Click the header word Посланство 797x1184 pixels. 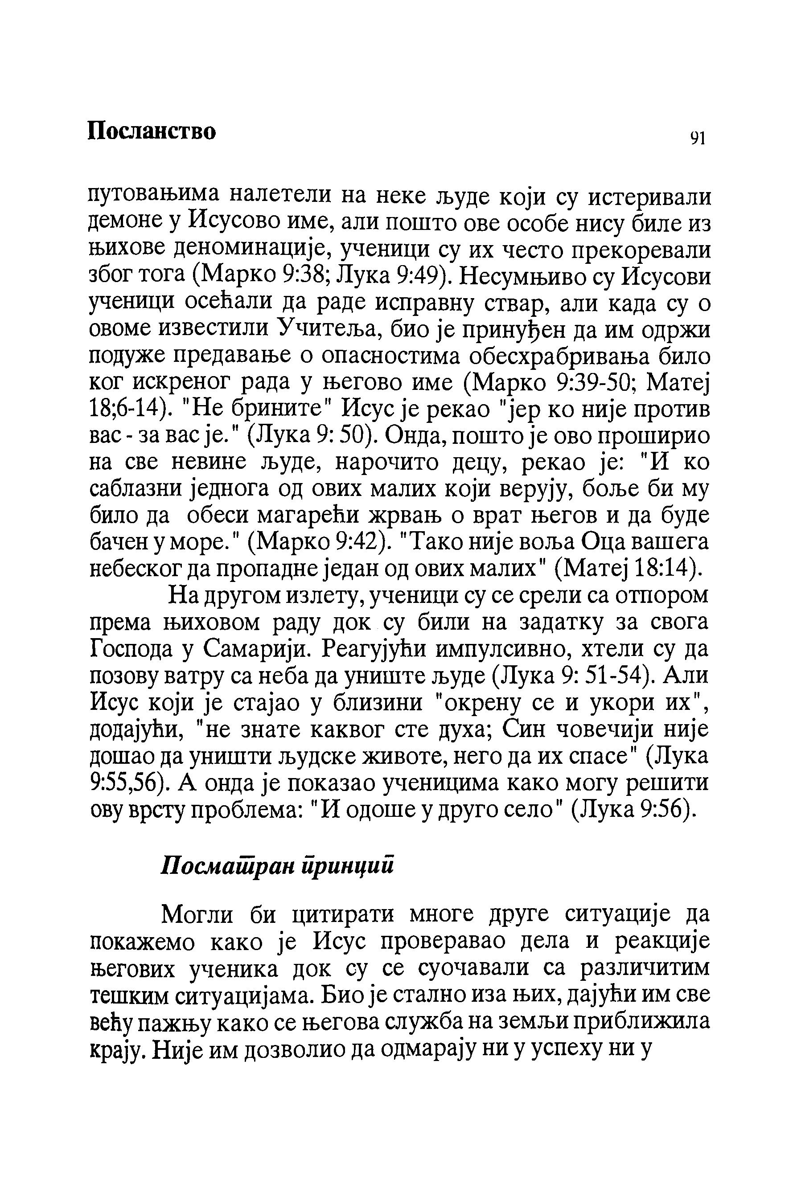[x=152, y=131]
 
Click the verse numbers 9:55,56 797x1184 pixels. [x=126, y=782]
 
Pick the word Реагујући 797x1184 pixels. [x=379, y=649]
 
